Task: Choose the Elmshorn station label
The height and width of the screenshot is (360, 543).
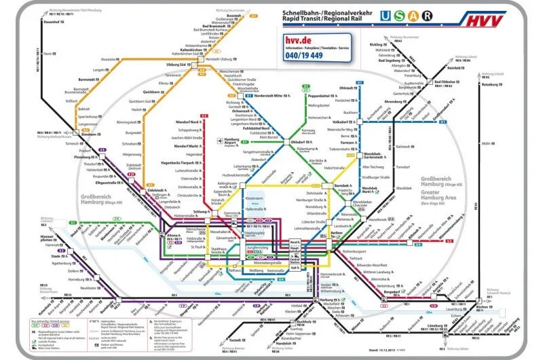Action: tap(89, 134)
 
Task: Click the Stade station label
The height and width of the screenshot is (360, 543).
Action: tap(56, 256)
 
